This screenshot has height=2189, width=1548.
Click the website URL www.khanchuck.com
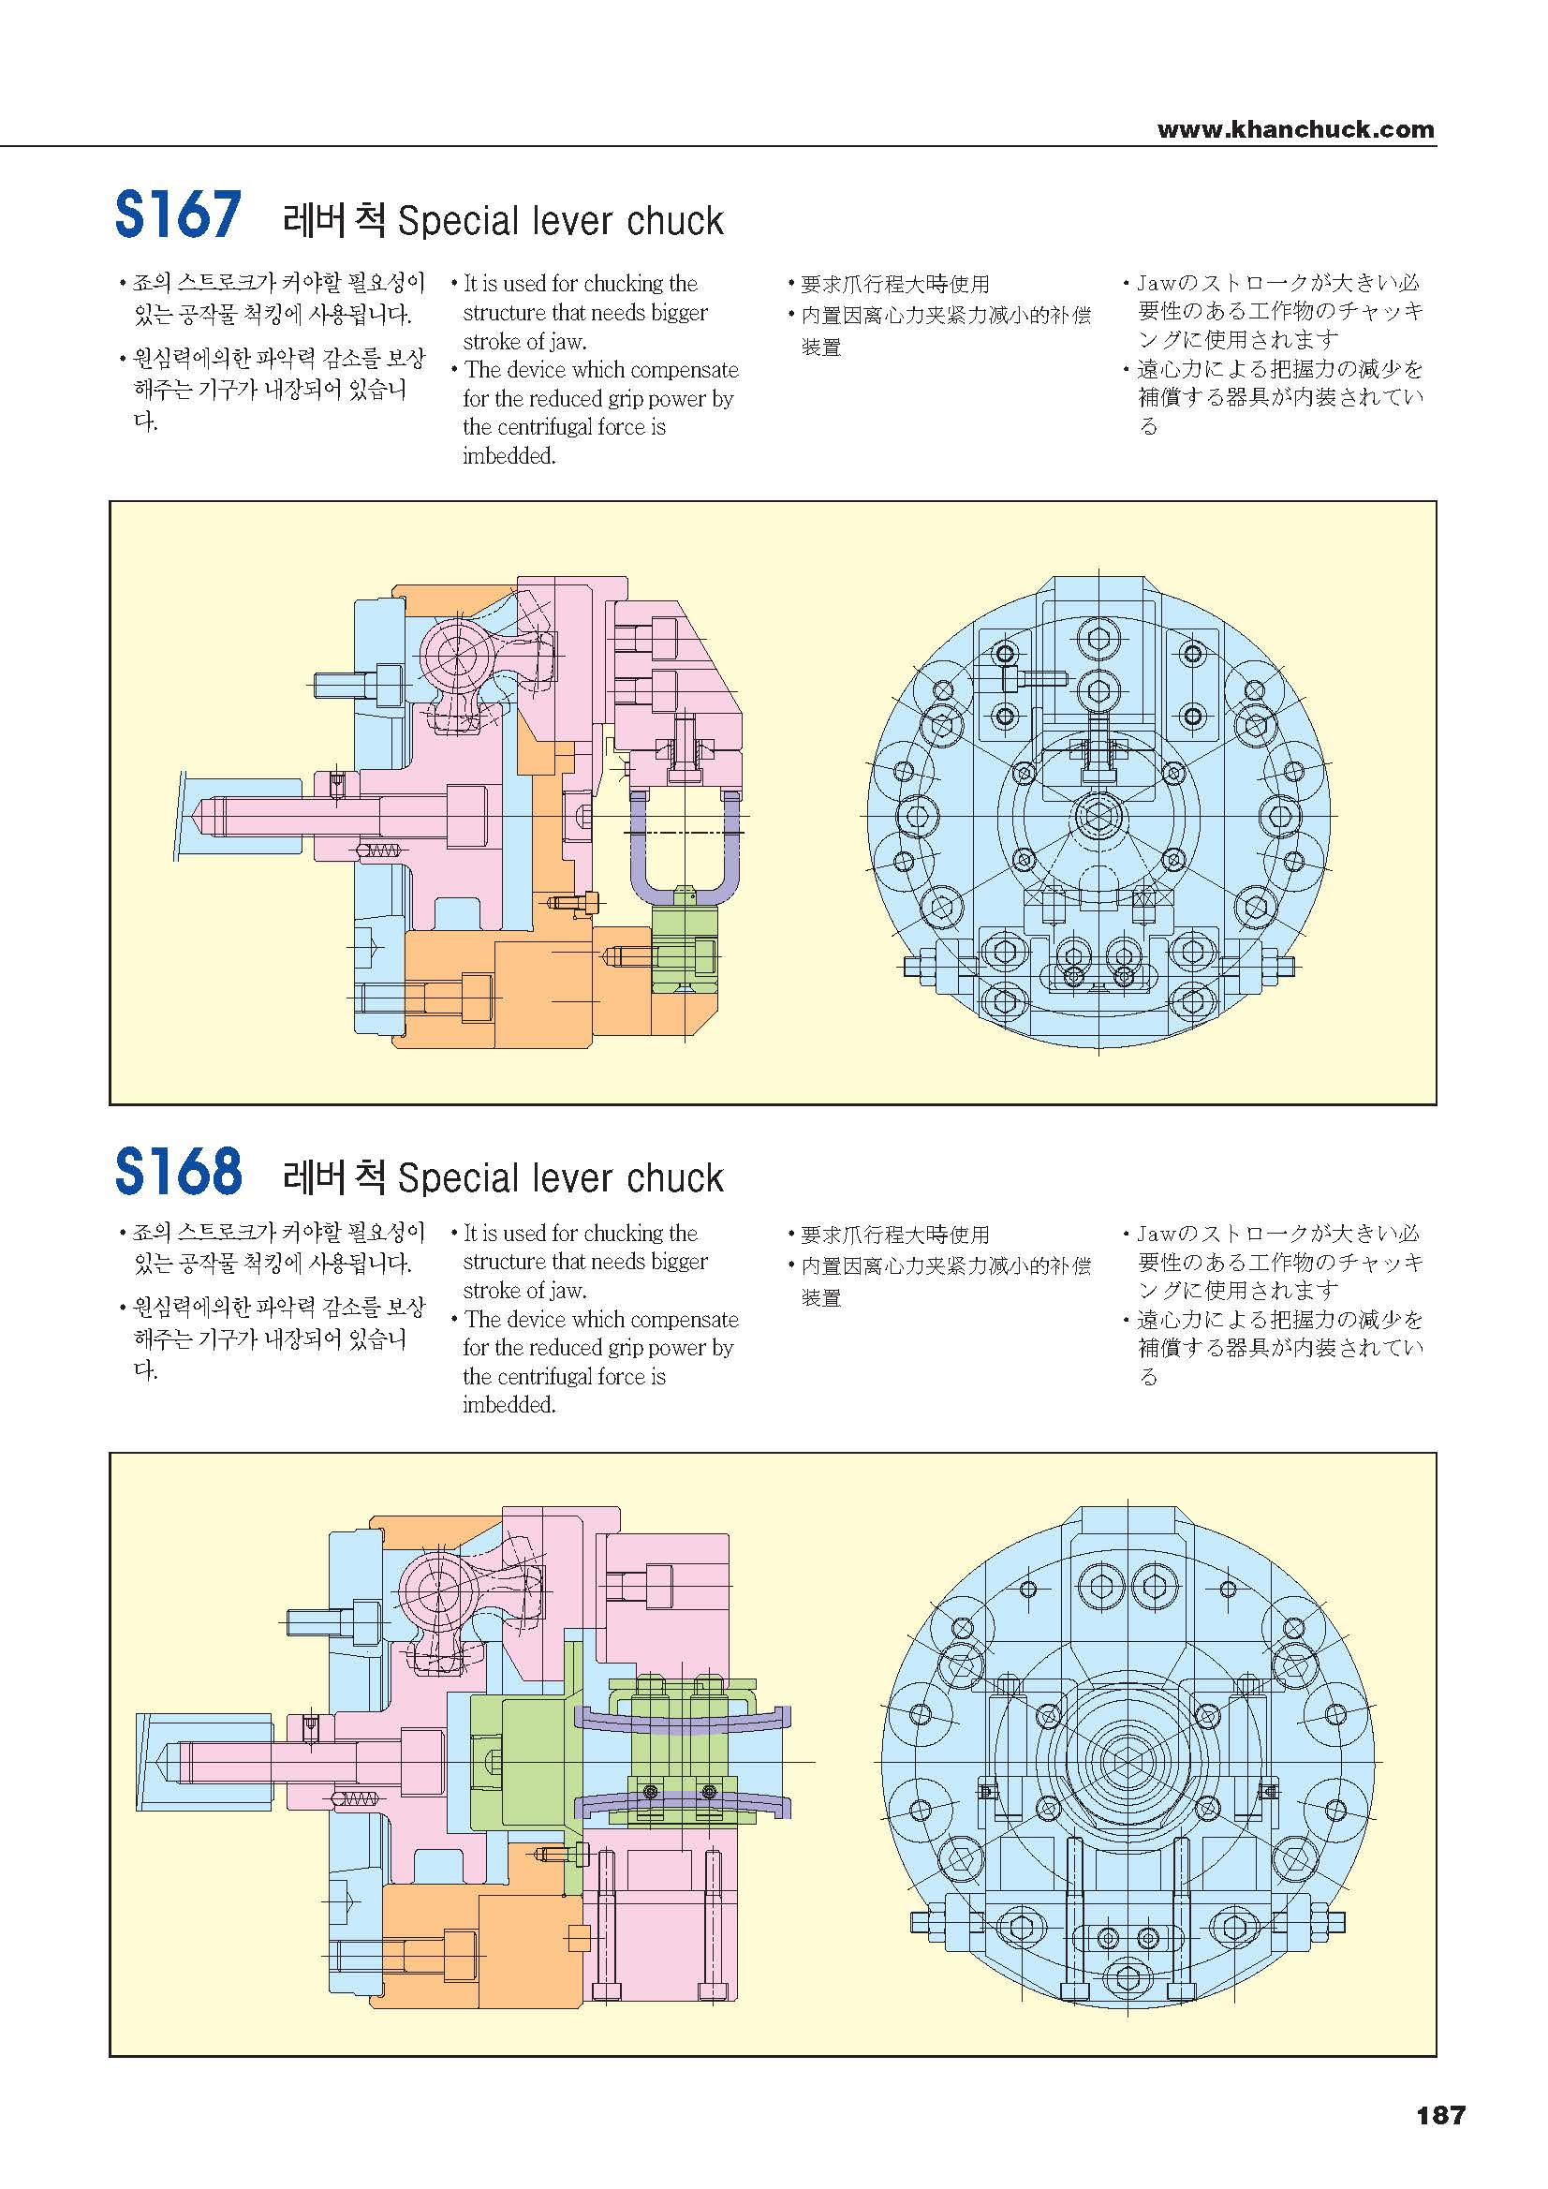(1295, 129)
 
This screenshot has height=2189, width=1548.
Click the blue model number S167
(178, 215)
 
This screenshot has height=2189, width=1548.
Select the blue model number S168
(178, 1172)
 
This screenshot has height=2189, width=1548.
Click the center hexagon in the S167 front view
(1099, 816)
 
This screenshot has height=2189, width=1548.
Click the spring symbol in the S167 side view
(377, 850)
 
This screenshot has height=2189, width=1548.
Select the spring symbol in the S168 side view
(354, 1799)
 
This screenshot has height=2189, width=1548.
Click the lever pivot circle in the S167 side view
(457, 655)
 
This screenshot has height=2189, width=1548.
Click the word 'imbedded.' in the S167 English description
(509, 456)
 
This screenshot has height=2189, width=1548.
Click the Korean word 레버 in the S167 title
(315, 220)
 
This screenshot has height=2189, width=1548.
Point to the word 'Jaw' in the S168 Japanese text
(1157, 1234)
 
